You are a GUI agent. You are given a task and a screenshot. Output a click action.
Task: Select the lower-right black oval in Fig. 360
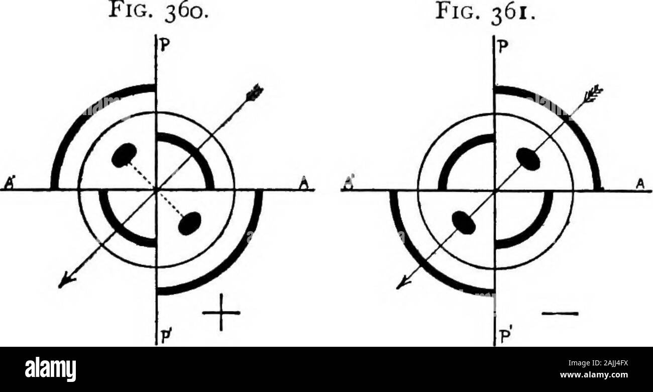(x=189, y=223)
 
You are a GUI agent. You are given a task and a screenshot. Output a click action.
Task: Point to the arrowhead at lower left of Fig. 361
(x=401, y=283)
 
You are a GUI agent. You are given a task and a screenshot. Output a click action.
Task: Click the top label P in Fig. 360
(x=164, y=44)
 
